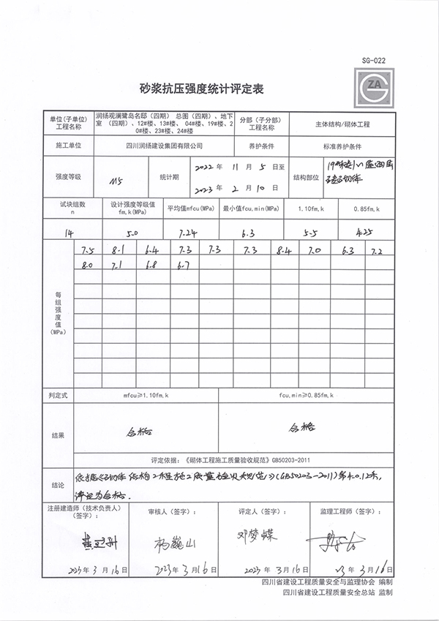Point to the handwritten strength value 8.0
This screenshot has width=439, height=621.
point(87,265)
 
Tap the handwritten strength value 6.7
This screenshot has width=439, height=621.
point(183,265)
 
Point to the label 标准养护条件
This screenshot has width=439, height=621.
point(344,147)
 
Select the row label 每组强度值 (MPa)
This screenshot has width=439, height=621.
point(58,313)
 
